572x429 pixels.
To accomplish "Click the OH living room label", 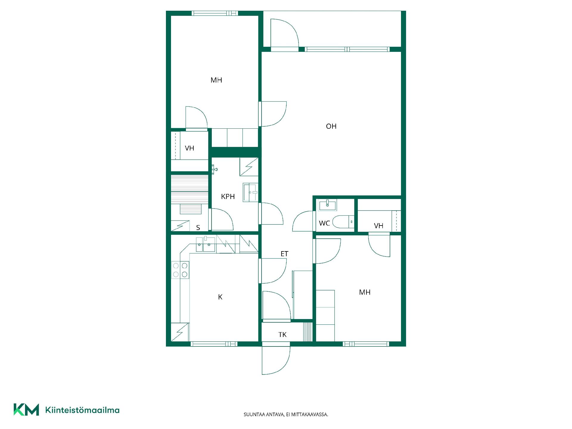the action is pos(331,126).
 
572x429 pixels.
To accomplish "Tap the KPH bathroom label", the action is pos(228,197).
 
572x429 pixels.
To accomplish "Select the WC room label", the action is pos(324,223).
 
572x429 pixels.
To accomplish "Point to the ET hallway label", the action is pos(285,254).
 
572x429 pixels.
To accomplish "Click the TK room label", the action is pos(282,335).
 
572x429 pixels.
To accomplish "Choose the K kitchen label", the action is pos(220,297).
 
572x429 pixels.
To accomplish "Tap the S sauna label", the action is pos(198,228).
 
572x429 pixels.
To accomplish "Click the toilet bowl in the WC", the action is pos(343,222).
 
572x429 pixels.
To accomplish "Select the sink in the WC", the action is pos(327,205).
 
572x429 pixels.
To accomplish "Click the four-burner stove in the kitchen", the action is pos(180,270).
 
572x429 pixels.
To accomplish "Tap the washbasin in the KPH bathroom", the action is pos(250,192).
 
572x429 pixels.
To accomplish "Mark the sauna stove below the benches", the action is pos(190,209).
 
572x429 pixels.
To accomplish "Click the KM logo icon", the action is pos(26,410).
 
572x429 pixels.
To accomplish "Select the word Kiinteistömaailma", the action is pos(82,410).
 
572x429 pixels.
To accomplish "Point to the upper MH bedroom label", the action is pos(216,80).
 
